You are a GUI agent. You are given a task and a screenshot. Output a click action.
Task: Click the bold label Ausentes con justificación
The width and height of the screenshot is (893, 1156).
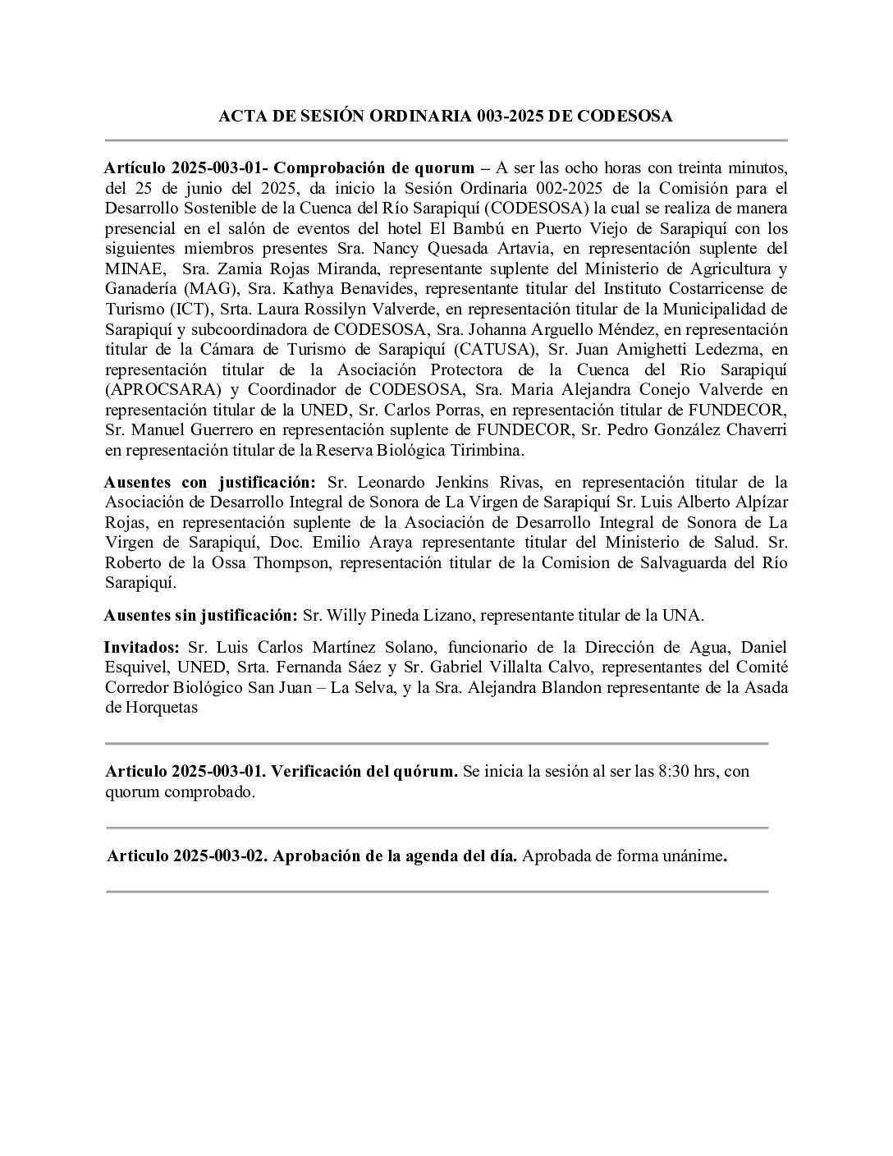pyautogui.click(x=210, y=482)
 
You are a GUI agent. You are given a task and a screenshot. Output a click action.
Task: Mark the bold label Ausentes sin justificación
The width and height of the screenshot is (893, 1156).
pyautogui.click(x=200, y=614)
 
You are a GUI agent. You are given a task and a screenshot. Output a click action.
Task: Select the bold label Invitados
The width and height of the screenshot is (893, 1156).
pyautogui.click(x=142, y=647)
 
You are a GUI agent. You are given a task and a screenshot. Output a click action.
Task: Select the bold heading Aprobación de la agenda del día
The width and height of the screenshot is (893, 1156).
pyautogui.click(x=395, y=856)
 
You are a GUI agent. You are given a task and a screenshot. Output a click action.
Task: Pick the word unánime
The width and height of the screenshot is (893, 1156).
pyautogui.click(x=693, y=856)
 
